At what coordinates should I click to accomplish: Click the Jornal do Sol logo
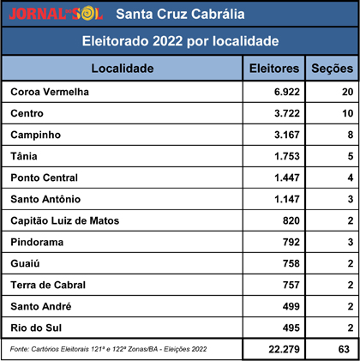coord(56,14)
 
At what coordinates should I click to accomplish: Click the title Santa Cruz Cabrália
coord(180,14)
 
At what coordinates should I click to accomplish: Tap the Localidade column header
coord(123,69)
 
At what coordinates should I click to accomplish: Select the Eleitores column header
coord(274,69)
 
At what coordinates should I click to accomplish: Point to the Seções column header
coord(332,69)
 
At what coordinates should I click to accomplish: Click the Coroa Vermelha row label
coord(50,92)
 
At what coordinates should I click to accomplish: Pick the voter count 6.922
coord(287,92)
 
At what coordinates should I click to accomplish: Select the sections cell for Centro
coord(348,113)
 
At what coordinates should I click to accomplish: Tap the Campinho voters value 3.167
coord(287,135)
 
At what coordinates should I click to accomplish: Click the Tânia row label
coord(24,156)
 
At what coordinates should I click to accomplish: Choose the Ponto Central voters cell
coord(287,177)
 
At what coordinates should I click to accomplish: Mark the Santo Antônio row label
coord(45,199)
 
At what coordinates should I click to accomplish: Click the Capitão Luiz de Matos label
coord(65,220)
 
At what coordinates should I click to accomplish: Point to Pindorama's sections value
coord(351,242)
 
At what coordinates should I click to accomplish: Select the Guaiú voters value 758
coord(291,263)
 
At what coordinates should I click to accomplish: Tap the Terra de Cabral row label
coord(48,285)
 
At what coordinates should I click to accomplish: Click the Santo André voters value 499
coord(291,306)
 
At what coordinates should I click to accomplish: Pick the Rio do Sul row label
coord(36,328)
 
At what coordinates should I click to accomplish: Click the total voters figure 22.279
coord(284,349)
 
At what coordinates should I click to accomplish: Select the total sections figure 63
coord(344,349)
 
